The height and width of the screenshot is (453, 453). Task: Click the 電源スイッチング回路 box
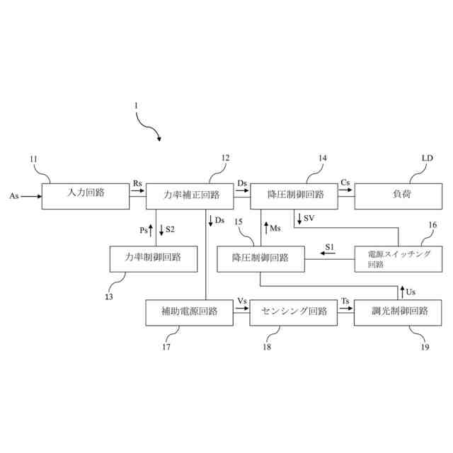[x=398, y=258]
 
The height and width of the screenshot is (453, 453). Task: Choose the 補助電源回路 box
[x=188, y=311]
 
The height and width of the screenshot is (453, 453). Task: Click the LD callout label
[x=427, y=159]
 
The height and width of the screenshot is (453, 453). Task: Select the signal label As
[x=14, y=195]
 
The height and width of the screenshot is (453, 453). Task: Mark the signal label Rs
[x=137, y=183]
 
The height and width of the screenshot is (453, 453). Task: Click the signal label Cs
[x=345, y=183]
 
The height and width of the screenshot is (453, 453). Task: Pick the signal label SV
[x=309, y=217]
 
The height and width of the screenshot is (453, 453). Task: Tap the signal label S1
[x=330, y=247]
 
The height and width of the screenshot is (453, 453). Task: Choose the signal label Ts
[x=345, y=301]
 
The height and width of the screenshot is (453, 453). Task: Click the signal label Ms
[x=277, y=228]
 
